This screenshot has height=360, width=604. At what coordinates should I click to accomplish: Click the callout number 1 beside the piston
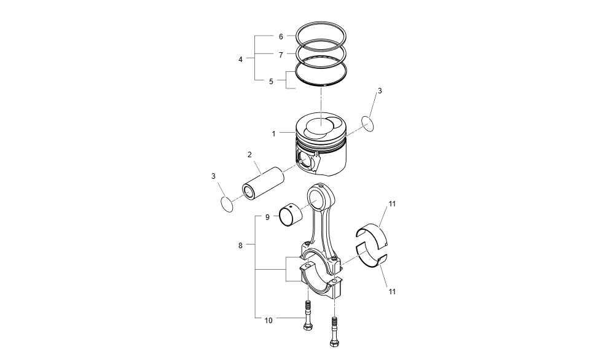(x=273, y=133)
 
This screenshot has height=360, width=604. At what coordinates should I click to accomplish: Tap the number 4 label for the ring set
(x=240, y=60)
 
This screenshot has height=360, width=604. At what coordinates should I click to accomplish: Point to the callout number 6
(x=281, y=37)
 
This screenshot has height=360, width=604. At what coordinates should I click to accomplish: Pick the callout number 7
(x=281, y=55)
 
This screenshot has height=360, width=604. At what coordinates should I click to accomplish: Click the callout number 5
(x=271, y=81)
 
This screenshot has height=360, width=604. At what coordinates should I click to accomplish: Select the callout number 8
(x=240, y=245)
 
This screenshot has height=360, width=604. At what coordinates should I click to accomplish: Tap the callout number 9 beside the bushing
(x=267, y=217)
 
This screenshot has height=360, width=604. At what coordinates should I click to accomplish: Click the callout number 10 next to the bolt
(x=269, y=320)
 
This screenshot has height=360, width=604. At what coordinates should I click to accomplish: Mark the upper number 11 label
(x=392, y=203)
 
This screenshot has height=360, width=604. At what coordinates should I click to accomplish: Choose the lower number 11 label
(x=392, y=291)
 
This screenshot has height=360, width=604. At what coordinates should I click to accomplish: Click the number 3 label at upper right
(x=380, y=90)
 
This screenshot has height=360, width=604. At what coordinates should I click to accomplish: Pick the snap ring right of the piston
(x=367, y=123)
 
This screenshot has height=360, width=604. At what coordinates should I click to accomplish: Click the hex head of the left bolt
(x=307, y=326)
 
